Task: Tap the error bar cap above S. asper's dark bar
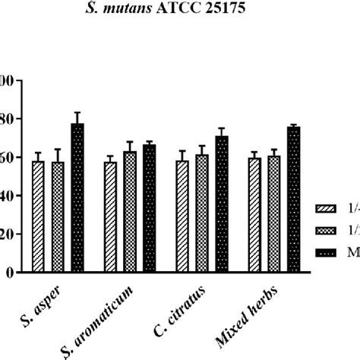(x=77, y=112)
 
